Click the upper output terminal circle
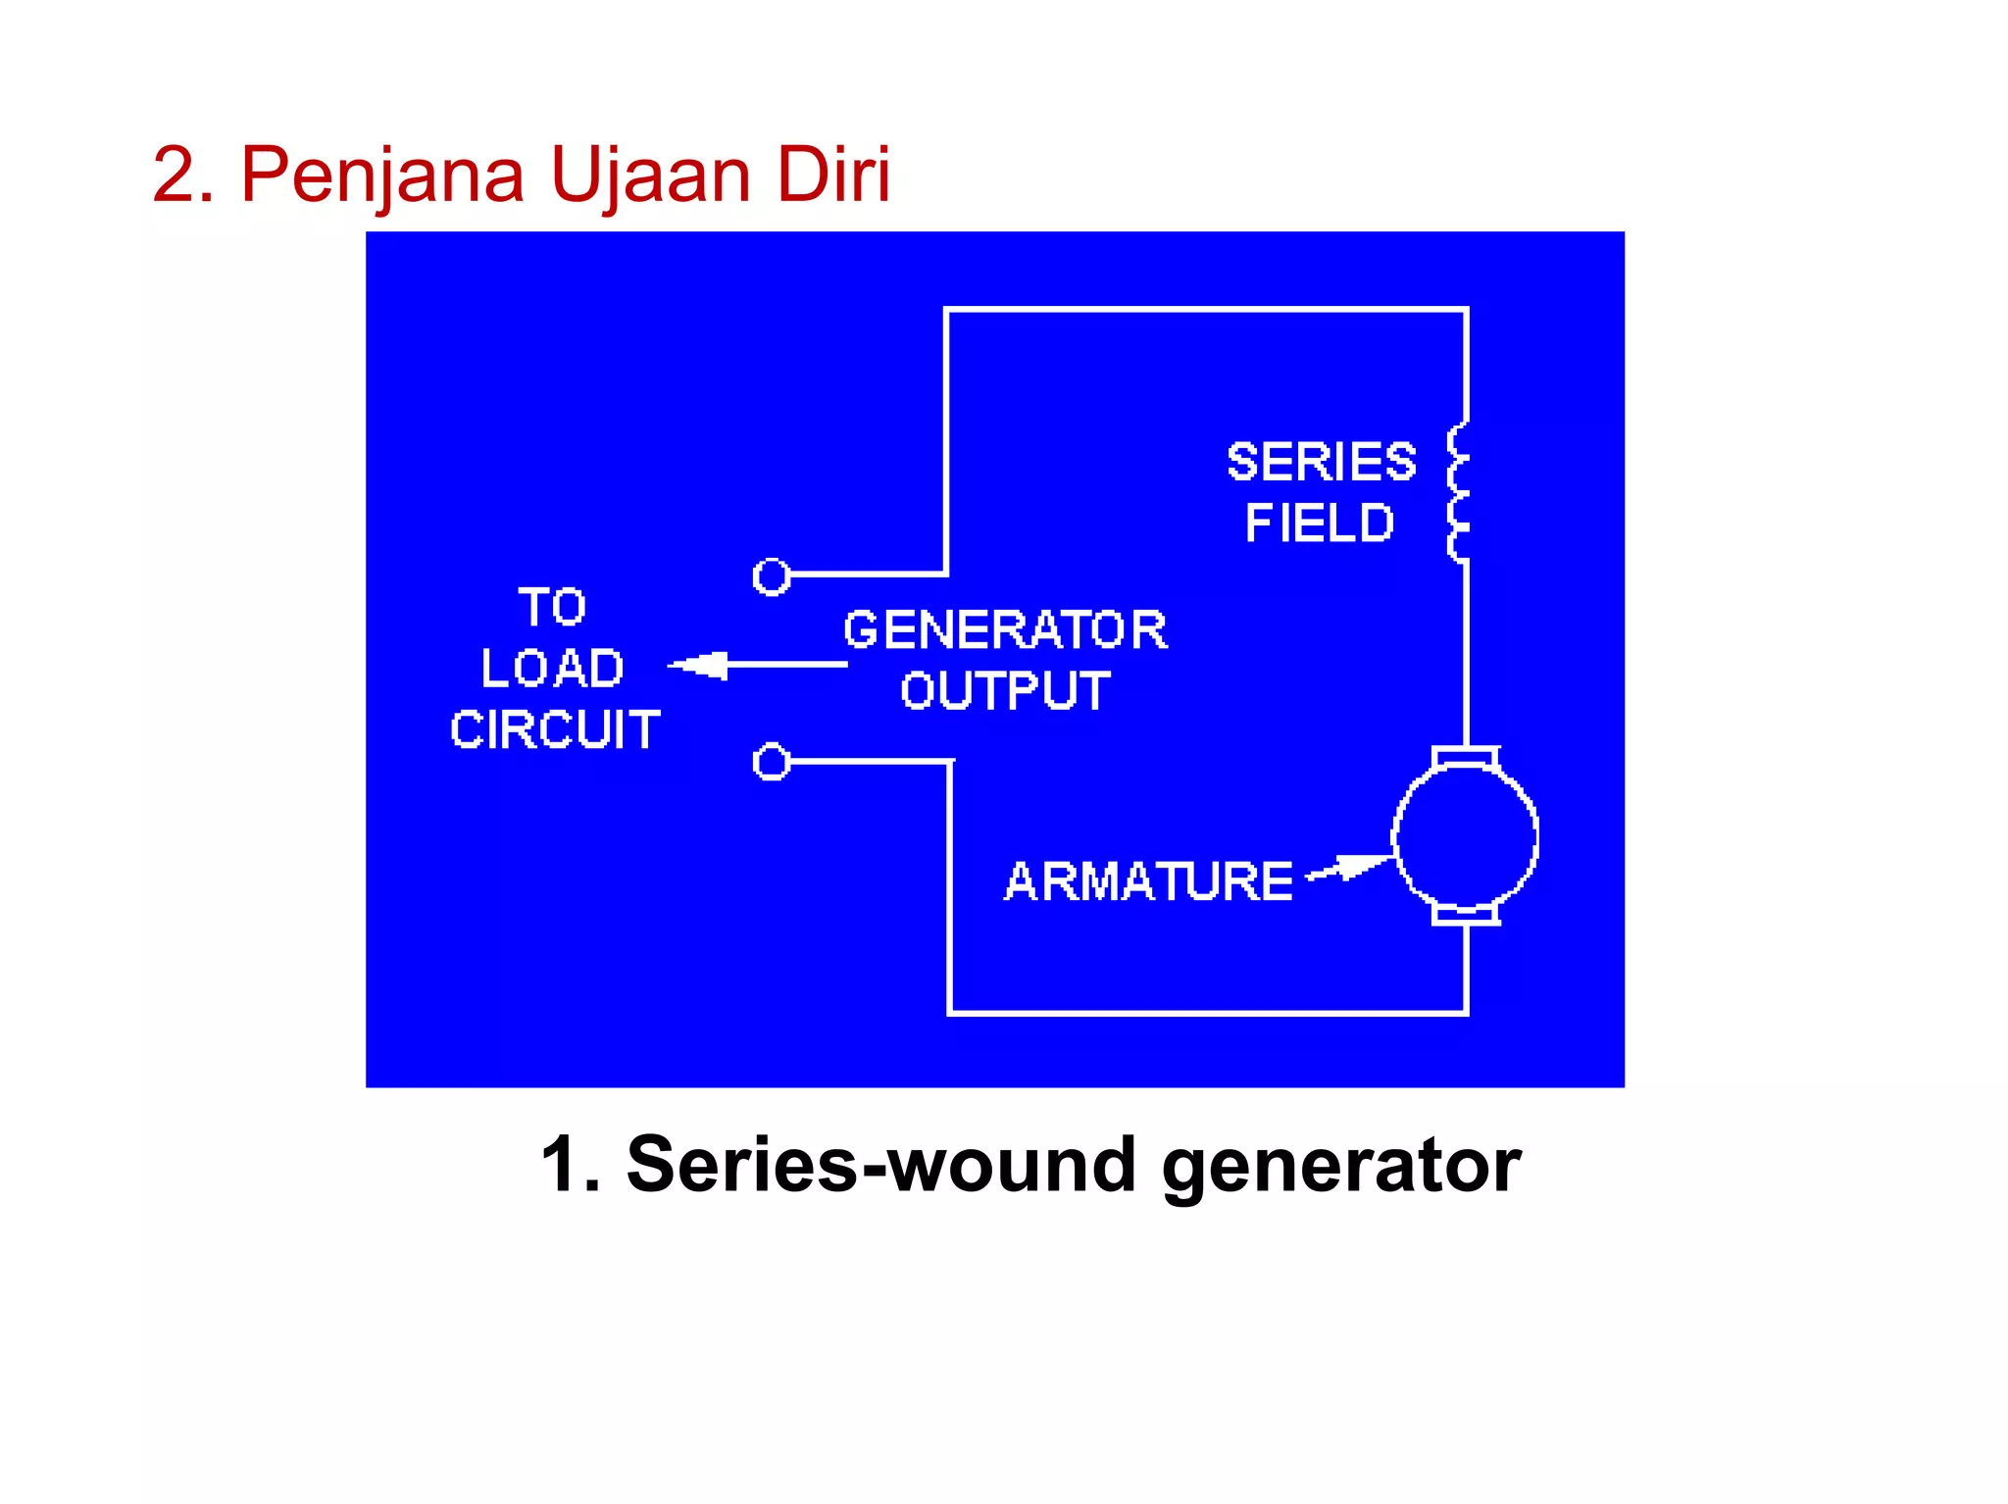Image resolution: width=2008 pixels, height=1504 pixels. tap(772, 577)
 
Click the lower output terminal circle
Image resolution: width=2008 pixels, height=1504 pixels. tap(772, 761)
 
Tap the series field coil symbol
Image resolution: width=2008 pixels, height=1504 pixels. tap(1459, 492)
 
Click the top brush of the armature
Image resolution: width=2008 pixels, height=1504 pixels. tap(1465, 756)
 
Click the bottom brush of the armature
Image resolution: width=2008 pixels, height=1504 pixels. tap(1465, 915)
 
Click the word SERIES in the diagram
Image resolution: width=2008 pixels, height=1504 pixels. tap(1321, 462)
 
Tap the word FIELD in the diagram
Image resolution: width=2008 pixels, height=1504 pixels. tap(1319, 523)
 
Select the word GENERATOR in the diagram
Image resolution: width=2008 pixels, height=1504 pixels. tap(1005, 629)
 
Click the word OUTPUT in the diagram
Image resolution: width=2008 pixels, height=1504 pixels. tap(1005, 690)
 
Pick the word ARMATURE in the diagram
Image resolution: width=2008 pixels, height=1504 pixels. tap(1148, 880)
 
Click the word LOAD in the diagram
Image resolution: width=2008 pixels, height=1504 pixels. tap(552, 669)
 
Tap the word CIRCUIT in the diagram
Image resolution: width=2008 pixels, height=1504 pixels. tap(555, 729)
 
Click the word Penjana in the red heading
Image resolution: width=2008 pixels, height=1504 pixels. tap(382, 176)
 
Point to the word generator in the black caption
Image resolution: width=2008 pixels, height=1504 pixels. tap(1340, 1167)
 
